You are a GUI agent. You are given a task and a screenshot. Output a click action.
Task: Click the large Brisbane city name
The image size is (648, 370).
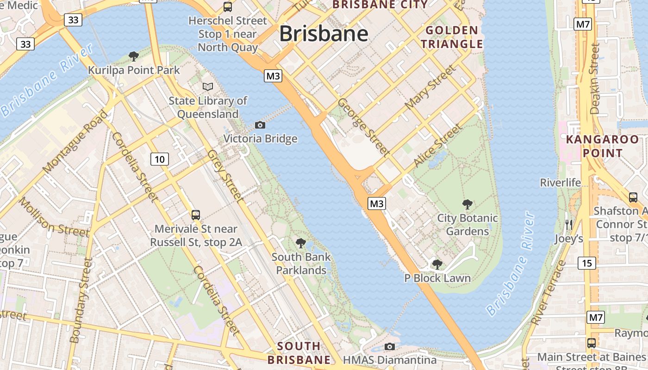[x=324, y=34]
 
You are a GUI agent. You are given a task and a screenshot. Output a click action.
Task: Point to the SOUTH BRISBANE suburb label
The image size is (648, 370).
[x=299, y=353]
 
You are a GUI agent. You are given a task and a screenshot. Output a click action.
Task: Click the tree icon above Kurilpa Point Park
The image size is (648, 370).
[x=134, y=56]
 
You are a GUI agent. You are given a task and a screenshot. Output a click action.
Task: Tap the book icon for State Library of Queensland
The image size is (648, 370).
[x=208, y=86]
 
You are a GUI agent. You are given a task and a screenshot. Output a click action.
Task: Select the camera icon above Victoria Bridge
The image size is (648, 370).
[x=260, y=125]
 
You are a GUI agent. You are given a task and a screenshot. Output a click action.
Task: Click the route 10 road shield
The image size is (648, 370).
[x=159, y=160]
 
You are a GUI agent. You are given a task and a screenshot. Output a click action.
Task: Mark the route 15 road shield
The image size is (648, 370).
[x=587, y=263]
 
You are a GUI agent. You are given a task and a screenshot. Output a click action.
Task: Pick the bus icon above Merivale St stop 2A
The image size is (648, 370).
[x=196, y=215]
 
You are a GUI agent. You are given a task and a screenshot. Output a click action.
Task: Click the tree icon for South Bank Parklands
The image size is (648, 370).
[x=301, y=243]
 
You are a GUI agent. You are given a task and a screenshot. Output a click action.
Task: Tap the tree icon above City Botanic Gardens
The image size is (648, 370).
[x=467, y=204]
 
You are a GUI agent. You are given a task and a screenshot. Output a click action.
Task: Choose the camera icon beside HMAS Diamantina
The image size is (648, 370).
[x=390, y=346]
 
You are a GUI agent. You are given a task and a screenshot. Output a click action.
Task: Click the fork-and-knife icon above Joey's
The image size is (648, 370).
[x=569, y=225]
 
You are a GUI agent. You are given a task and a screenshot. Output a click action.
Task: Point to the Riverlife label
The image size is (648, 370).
[x=561, y=183]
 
